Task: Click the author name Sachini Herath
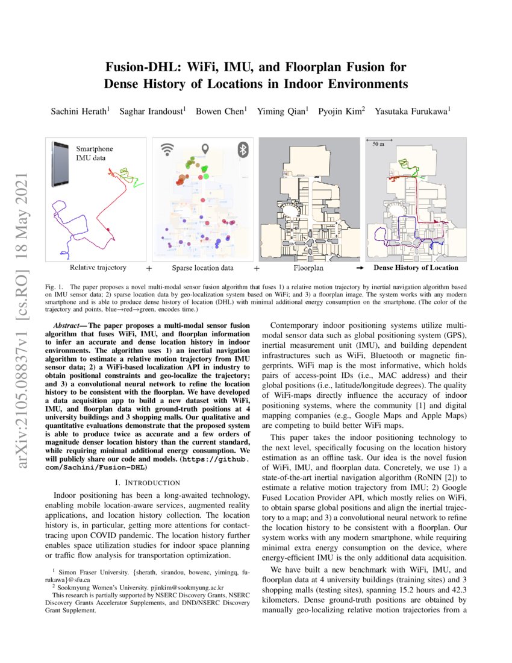pyautogui.click(x=80, y=111)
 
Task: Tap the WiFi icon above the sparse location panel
pyautogui.click(x=166, y=149)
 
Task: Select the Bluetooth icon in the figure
pyautogui.click(x=244, y=149)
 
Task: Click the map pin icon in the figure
pyautogui.click(x=205, y=148)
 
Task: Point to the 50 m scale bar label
pyautogui.click(x=378, y=145)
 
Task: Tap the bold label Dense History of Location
pyautogui.click(x=416, y=268)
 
